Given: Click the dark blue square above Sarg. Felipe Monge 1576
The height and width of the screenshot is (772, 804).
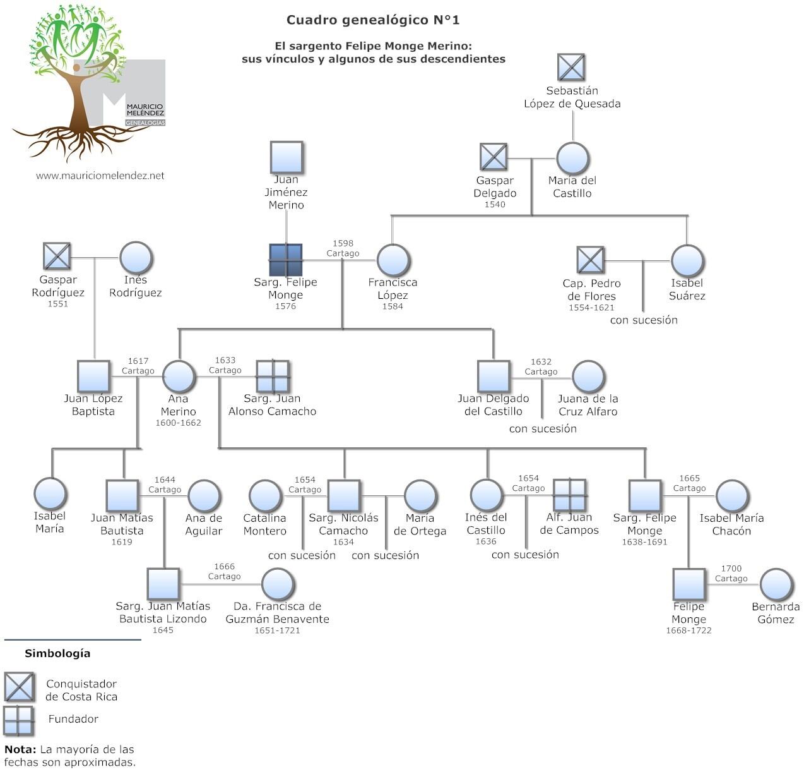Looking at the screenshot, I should (286, 260).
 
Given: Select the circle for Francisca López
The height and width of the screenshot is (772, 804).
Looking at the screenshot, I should (394, 260).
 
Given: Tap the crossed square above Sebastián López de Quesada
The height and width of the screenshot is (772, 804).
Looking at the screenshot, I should (571, 68).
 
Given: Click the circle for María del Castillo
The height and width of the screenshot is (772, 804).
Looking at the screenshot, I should (572, 158).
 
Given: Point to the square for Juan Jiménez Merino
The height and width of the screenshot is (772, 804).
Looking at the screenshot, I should (287, 157).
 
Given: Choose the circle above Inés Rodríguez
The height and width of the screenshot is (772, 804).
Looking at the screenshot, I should (136, 258).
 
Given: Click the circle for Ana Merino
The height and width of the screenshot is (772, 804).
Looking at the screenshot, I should (179, 377).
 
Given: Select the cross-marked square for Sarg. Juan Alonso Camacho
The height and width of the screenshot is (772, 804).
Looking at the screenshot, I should (273, 377).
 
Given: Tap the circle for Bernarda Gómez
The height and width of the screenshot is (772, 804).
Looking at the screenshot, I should (776, 584).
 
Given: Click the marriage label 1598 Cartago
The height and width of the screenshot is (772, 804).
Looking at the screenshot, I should (343, 248).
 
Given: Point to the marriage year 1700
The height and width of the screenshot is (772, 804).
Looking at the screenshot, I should (731, 569).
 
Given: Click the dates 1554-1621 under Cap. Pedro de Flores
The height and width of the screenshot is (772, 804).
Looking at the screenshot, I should (591, 308).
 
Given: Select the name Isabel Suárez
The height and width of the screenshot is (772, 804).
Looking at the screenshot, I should (687, 289).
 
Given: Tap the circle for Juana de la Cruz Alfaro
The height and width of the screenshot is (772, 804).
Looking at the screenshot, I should (588, 377).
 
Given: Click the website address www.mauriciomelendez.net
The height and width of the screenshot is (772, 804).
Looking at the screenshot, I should (100, 176).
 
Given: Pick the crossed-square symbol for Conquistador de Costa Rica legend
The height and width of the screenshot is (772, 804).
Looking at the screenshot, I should (19, 687).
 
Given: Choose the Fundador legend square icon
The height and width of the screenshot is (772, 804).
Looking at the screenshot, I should (18, 720).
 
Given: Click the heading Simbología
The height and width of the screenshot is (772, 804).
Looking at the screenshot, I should (57, 653).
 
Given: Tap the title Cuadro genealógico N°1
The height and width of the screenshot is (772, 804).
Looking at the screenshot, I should (373, 20).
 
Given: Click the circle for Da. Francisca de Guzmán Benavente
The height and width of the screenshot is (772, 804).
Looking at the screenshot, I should (278, 584).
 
